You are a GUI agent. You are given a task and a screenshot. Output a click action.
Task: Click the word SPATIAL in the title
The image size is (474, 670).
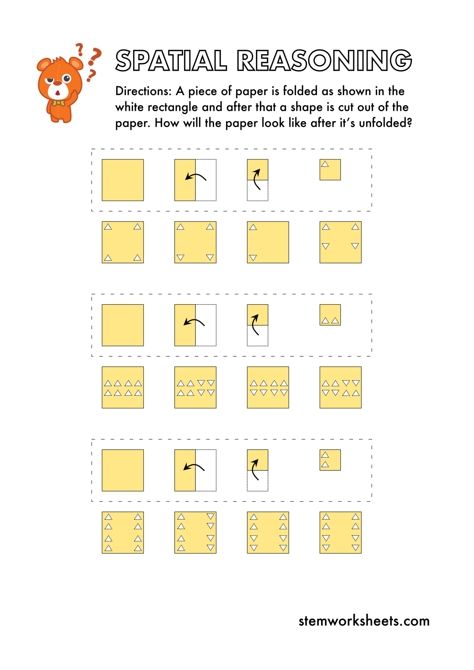pos(171,61)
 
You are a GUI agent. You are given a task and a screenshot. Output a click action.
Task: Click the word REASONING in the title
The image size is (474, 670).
pos(324,61)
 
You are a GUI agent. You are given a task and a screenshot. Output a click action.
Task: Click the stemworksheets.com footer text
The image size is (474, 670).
pos(364,620)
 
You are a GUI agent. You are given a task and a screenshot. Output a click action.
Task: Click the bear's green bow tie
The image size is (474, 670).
pos(58,103)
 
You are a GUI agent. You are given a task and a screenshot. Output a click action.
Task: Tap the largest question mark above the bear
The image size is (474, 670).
pos(94,56)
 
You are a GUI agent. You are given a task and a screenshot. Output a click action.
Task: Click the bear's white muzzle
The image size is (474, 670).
pos(58,90)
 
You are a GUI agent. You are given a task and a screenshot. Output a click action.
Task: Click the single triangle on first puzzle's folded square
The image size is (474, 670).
pos(325,164)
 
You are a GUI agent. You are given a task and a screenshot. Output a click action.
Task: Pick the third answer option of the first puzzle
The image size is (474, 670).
pos(268,242)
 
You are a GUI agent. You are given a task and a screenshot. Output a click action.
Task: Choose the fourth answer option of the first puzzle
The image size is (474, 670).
pos(340,242)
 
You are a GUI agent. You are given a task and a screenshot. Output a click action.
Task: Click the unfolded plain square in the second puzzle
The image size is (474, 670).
pos(123,325)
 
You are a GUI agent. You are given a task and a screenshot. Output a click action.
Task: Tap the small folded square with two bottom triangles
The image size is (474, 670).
pos(330,315)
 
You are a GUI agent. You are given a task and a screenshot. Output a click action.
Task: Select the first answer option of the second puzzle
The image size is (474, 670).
pos(123,387)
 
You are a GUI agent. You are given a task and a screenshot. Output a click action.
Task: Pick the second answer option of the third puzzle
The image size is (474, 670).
pos(195,532)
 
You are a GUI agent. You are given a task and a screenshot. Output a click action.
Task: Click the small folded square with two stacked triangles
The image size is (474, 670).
pos(330,460)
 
